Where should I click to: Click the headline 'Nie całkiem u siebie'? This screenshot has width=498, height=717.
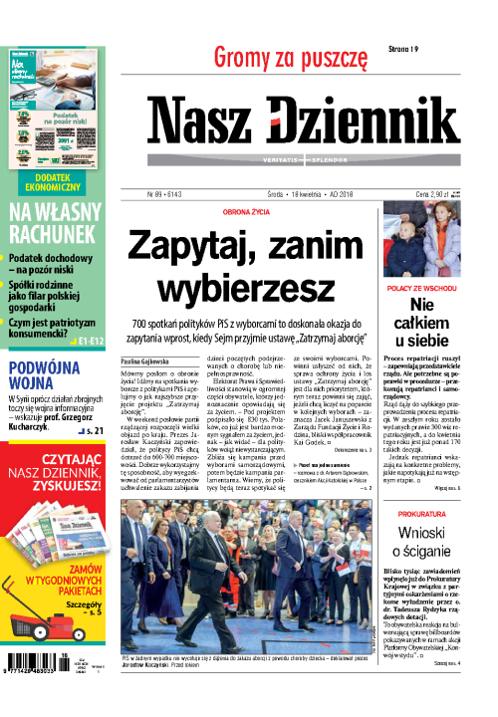[421, 328]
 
